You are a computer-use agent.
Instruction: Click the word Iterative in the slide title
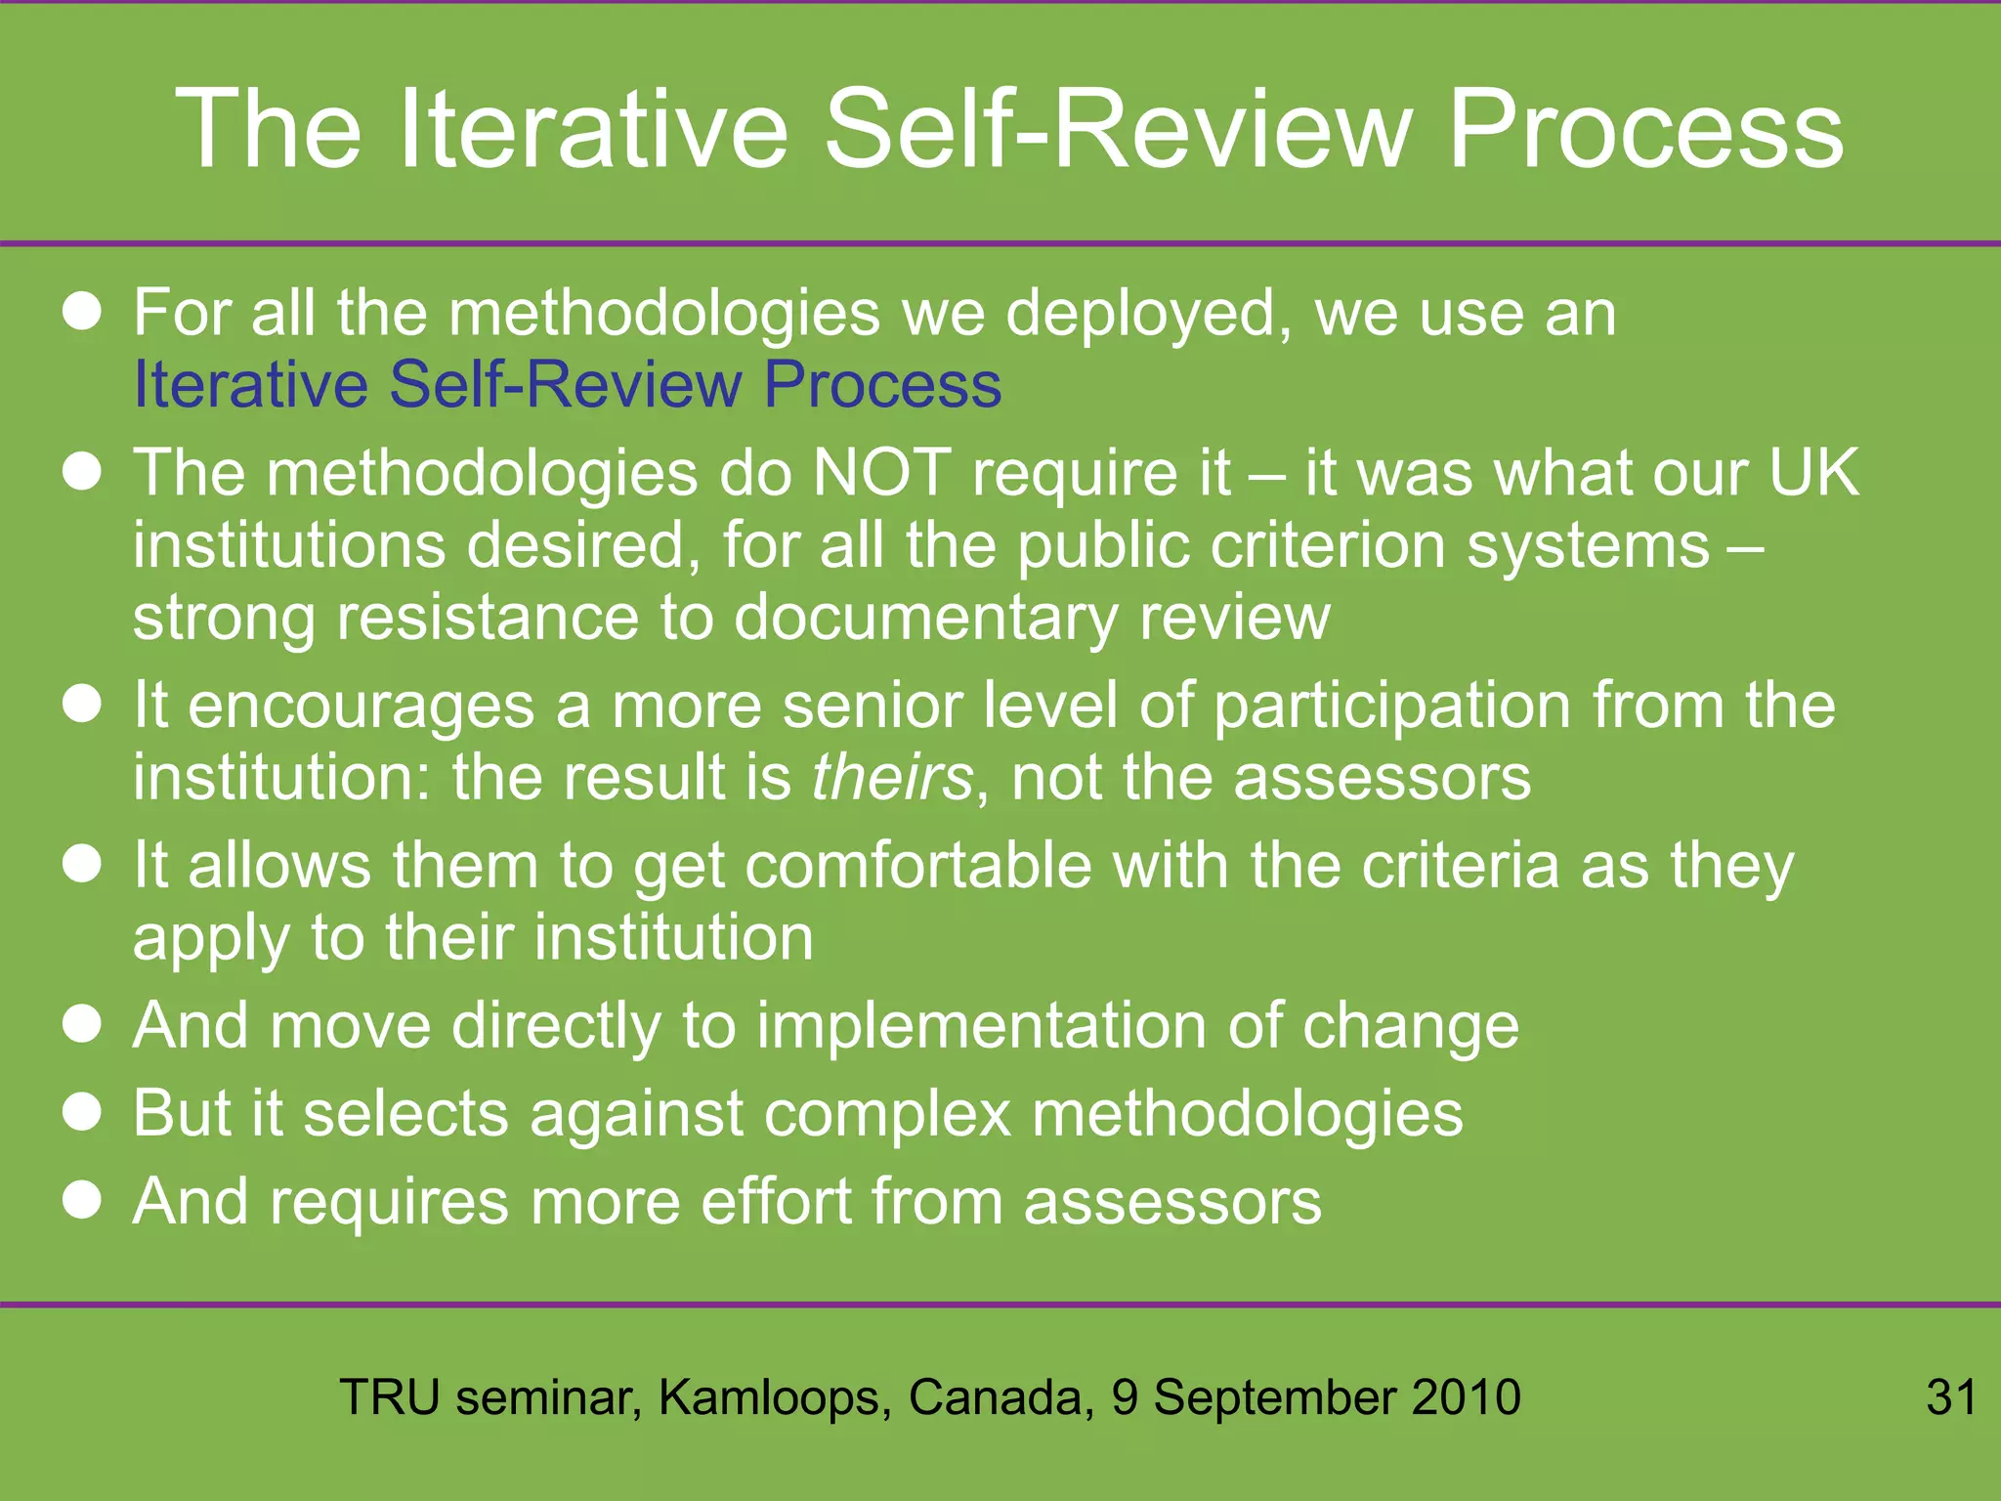click(593, 129)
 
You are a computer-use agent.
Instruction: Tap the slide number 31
click(1951, 1396)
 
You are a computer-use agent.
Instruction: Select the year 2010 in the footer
click(1466, 1396)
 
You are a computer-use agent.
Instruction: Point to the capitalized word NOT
click(881, 473)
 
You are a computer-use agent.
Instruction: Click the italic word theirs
click(892, 778)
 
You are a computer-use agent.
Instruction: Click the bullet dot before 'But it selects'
click(82, 1111)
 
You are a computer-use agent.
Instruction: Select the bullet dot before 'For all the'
click(82, 312)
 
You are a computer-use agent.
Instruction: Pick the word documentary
click(925, 619)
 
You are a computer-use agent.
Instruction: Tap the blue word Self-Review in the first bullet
click(566, 383)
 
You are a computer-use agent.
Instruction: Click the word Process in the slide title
click(1644, 129)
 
